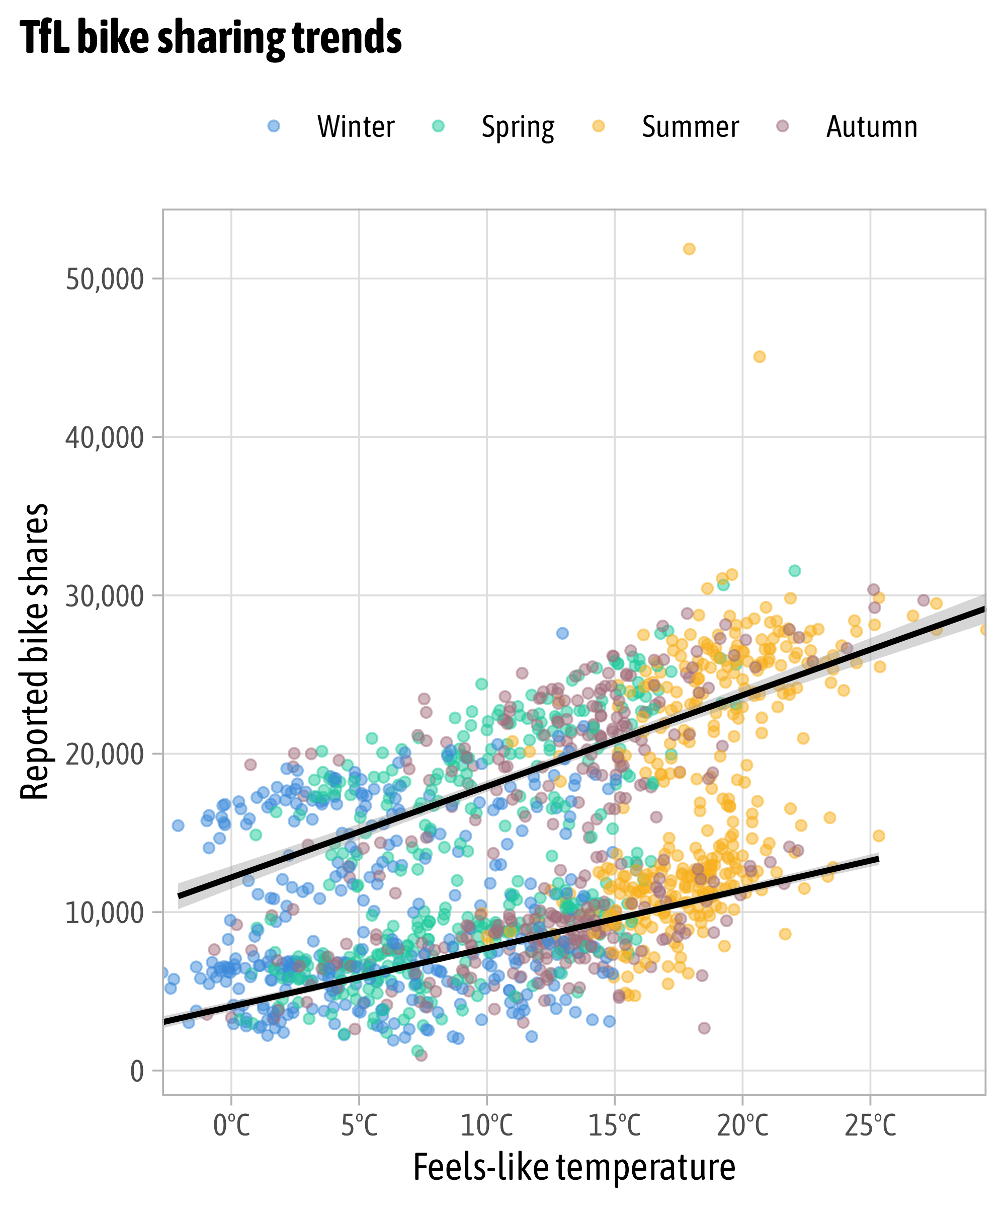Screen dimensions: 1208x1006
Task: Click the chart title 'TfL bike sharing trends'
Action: point(211,38)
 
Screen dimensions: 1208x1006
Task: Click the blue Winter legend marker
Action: point(274,126)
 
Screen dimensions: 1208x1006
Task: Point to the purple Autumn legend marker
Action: point(782,126)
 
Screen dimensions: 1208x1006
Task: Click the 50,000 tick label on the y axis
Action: point(104,279)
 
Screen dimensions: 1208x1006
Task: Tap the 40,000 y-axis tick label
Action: point(104,438)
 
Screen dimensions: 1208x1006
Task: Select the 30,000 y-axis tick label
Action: point(104,596)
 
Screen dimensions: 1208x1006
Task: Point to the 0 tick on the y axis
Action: point(137,1072)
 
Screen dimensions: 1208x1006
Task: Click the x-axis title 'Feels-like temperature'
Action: point(574,1168)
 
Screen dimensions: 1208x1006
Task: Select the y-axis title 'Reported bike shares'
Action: point(35,652)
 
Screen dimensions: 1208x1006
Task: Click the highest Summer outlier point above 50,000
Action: point(689,249)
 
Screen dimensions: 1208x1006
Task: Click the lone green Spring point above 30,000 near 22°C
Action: point(794,571)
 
